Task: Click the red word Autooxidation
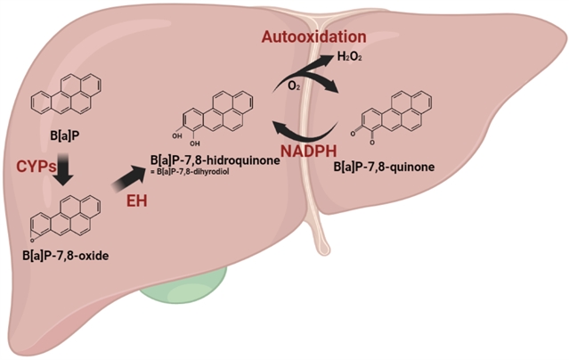pyautogui.click(x=314, y=37)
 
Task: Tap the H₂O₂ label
pyautogui.click(x=349, y=57)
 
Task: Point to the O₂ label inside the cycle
pyautogui.click(x=294, y=86)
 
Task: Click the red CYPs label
pyautogui.click(x=37, y=167)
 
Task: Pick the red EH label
pyautogui.click(x=137, y=200)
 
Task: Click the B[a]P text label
pyautogui.click(x=65, y=135)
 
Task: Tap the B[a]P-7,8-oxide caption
pyautogui.click(x=66, y=256)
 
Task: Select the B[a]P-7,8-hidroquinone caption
pyautogui.click(x=215, y=160)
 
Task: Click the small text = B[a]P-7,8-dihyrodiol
pyautogui.click(x=190, y=172)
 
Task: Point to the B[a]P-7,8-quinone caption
pyautogui.click(x=384, y=167)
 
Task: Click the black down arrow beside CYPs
pyautogui.click(x=63, y=169)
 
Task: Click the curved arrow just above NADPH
pyautogui.click(x=308, y=135)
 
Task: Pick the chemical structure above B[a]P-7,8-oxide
pyautogui.click(x=65, y=218)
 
